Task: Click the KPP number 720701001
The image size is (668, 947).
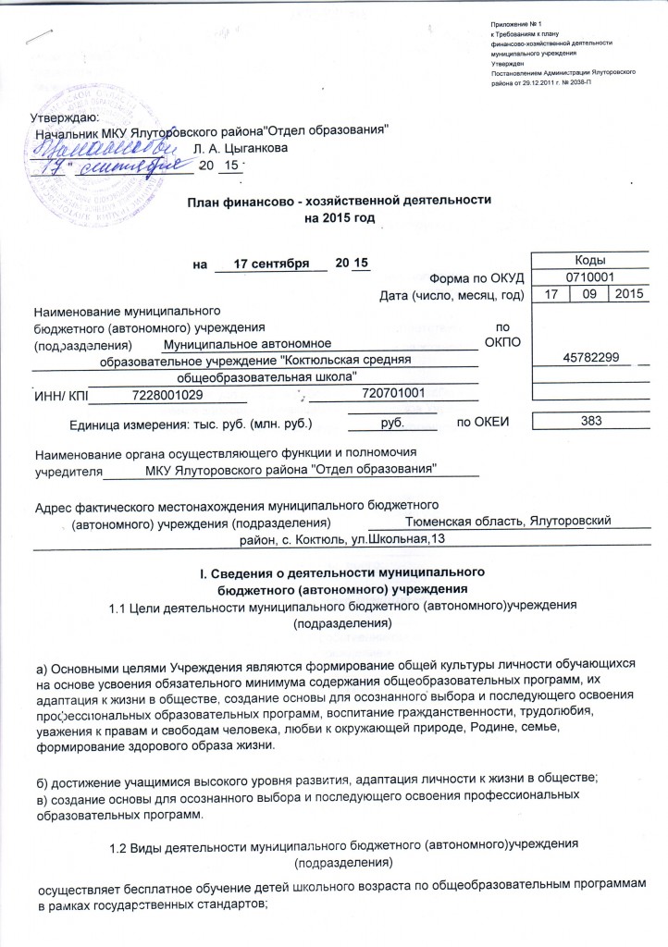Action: coord(393,394)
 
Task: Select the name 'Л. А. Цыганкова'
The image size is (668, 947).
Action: coord(241,148)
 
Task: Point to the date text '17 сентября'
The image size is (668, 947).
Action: coord(270,264)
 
